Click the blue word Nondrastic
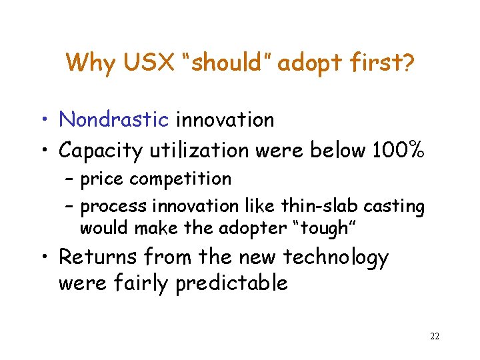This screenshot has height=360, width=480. pyautogui.click(x=113, y=120)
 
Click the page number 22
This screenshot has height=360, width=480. pyautogui.click(x=435, y=336)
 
